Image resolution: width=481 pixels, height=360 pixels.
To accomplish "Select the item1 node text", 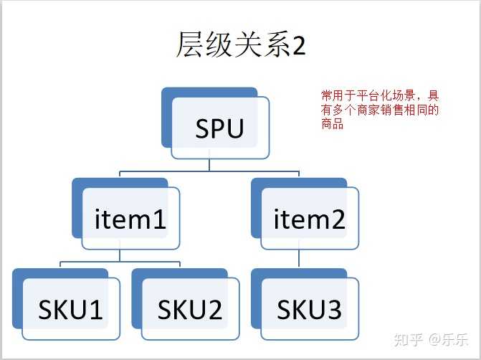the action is point(130,219).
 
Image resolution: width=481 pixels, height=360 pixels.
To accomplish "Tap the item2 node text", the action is point(310,219).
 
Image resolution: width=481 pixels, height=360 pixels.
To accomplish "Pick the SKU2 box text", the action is point(189,310).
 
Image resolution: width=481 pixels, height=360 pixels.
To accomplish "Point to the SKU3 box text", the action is point(309,310).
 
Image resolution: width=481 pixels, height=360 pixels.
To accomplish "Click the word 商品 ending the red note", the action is point(331,123).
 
